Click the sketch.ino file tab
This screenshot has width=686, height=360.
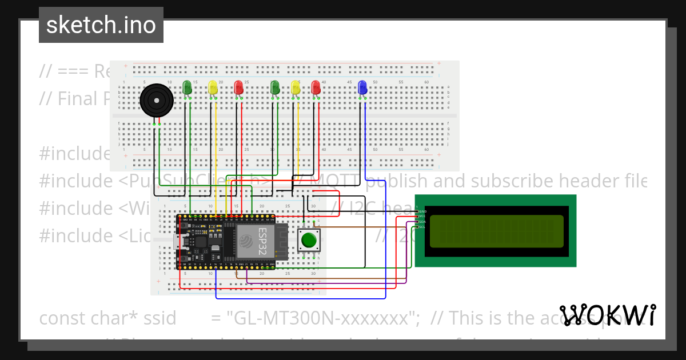pyautogui.click(x=101, y=25)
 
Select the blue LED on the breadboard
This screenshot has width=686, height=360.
pyautogui.click(x=362, y=87)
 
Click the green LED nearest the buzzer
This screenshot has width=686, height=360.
pyautogui.click(x=187, y=87)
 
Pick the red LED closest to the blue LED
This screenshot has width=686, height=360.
pyautogui.click(x=316, y=87)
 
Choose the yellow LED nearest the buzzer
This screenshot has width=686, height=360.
pyautogui.click(x=213, y=87)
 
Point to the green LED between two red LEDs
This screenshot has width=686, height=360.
pyautogui.click(x=275, y=87)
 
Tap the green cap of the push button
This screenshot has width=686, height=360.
pyautogui.click(x=309, y=240)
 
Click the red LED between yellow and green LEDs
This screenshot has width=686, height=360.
pyautogui.click(x=239, y=87)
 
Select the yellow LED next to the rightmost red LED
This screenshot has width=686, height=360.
pyautogui.click(x=296, y=87)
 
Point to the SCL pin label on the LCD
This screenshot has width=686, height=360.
pyautogui.click(x=421, y=227)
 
